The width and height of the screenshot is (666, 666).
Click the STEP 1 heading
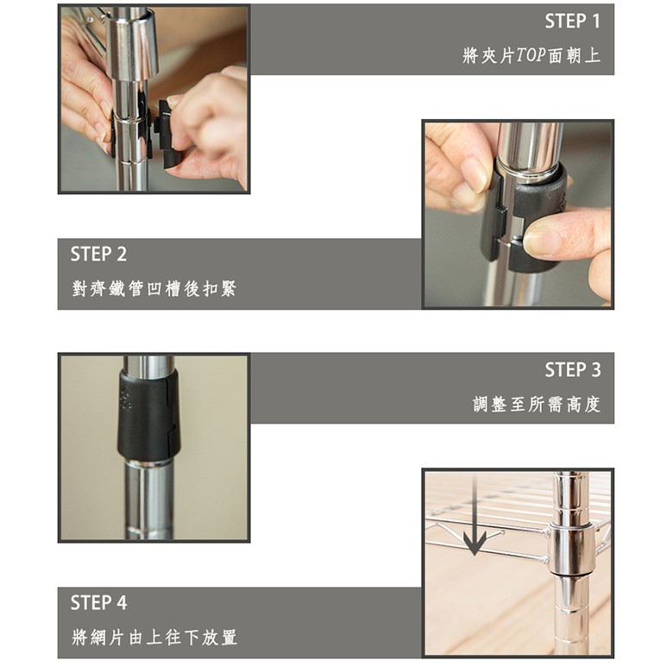point(573,22)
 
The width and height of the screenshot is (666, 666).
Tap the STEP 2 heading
point(98,254)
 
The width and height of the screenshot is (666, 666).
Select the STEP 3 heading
point(573,370)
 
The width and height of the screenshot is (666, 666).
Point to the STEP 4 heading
point(98,603)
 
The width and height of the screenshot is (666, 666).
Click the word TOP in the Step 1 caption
point(531,55)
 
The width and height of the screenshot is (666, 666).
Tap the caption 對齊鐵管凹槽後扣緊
point(154,289)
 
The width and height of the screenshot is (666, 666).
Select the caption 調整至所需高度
point(537,404)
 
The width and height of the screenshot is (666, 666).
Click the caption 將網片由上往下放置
point(154,638)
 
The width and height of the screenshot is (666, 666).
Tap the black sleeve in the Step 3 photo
point(148,415)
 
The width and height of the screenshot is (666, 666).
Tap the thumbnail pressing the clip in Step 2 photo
point(537,241)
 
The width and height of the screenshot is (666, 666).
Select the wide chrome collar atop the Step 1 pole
point(132,44)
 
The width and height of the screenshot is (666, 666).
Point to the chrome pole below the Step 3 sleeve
point(148,500)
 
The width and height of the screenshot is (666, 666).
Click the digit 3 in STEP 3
point(596,370)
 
